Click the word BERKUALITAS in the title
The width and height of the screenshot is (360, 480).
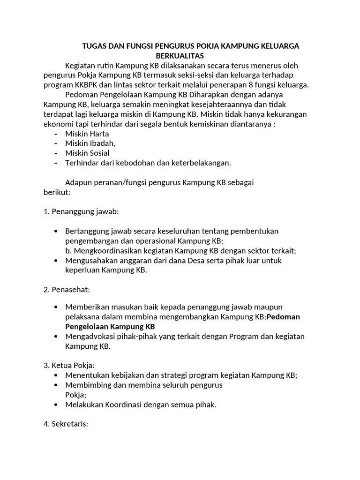pos(177,55)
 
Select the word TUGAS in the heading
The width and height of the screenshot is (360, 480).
pos(94,46)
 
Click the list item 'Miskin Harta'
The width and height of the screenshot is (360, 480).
pos(87,134)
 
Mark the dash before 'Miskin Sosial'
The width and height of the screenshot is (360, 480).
pos(56,153)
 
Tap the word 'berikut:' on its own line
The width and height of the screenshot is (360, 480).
pos(57,192)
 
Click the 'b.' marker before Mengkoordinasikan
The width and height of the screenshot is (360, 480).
pos(69,251)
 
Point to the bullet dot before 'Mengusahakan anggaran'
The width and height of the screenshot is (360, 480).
pos(57,261)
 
